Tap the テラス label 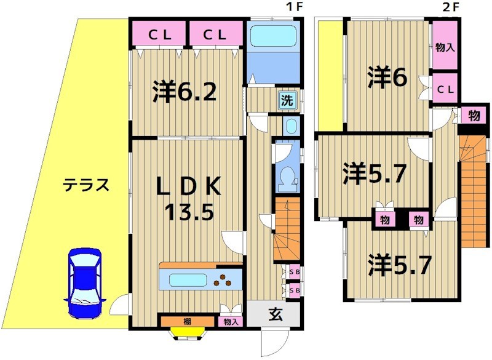[87, 185]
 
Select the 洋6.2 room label [184, 93]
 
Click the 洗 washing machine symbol [287, 100]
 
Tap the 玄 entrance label [274, 315]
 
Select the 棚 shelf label [186, 321]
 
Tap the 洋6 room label [385, 78]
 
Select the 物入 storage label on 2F [445, 47]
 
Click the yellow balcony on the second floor [330, 74]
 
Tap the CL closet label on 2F [445, 90]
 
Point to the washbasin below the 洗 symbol [290, 126]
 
